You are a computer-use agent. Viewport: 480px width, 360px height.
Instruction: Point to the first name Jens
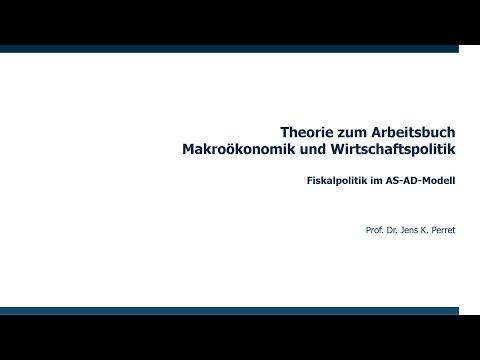tap(412, 231)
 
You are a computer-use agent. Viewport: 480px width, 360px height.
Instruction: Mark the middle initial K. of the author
tap(428, 231)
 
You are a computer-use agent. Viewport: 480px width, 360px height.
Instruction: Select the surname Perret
tap(445, 231)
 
